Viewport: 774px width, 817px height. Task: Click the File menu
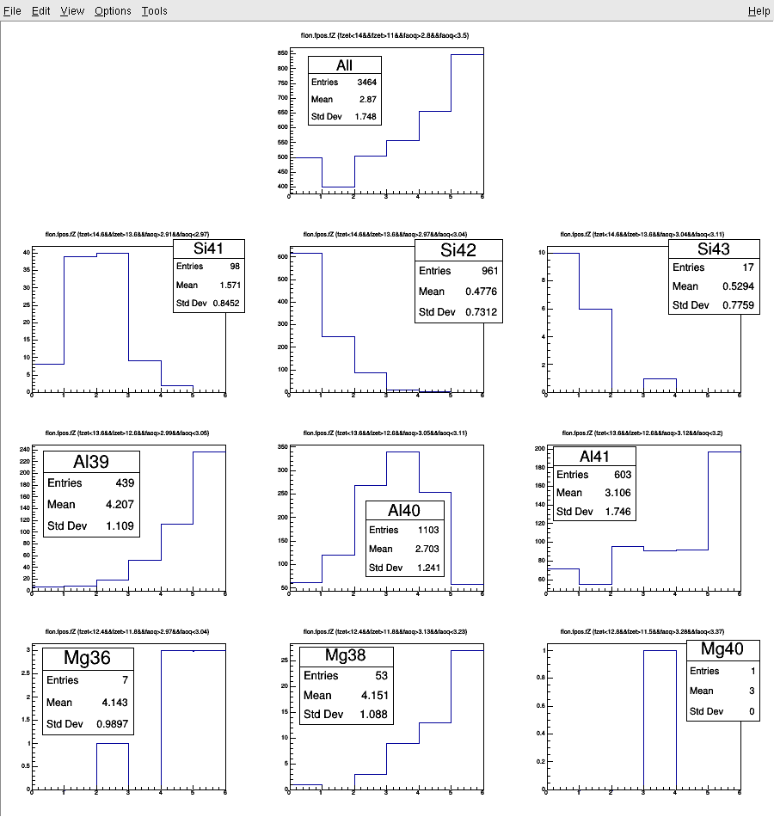[12, 11]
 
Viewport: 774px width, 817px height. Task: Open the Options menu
[113, 11]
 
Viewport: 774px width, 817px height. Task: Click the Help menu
[759, 11]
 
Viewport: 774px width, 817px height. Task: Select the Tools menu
[155, 11]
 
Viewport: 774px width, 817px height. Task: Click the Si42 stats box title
[458, 250]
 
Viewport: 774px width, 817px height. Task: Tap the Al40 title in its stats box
[405, 511]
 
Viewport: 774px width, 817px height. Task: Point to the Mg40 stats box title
[722, 649]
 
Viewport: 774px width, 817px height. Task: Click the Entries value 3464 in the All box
[366, 83]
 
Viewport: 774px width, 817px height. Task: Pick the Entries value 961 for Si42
[488, 271]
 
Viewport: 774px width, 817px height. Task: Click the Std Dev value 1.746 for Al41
[617, 512]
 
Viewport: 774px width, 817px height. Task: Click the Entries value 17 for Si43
[747, 267]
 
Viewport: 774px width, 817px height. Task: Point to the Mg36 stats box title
[88, 658]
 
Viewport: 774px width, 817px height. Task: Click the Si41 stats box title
[208, 249]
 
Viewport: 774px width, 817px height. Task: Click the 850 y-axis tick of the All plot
[281, 53]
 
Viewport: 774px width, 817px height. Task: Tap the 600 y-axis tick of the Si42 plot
[279, 256]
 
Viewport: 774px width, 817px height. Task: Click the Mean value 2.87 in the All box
[368, 100]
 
